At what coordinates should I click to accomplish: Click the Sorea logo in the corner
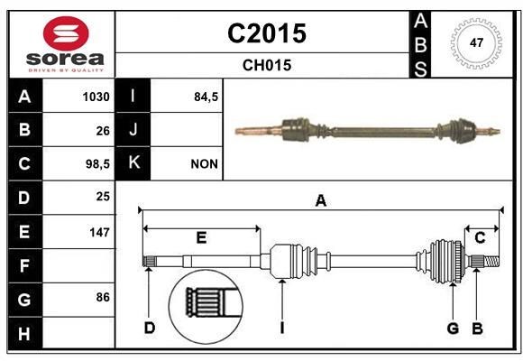tap(60, 44)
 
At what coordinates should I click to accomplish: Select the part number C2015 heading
tap(266, 33)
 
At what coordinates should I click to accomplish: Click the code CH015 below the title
tap(266, 65)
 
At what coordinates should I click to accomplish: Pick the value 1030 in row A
tap(96, 97)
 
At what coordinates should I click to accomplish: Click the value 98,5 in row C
tap(96, 164)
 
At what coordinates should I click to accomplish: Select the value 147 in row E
tap(99, 232)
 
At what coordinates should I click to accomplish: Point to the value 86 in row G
tap(102, 299)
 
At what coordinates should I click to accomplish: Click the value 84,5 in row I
tap(206, 97)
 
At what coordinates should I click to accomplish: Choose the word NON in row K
tap(203, 164)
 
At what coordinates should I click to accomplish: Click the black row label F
tap(24, 266)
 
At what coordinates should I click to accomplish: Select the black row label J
tap(133, 130)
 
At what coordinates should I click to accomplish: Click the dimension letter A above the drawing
tap(320, 200)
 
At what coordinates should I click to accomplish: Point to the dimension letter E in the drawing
tap(201, 238)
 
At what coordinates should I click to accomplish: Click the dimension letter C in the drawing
tap(480, 237)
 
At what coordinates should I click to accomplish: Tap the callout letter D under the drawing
tap(149, 327)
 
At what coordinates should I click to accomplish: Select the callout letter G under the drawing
tap(453, 327)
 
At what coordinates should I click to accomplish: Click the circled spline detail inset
tap(205, 304)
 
